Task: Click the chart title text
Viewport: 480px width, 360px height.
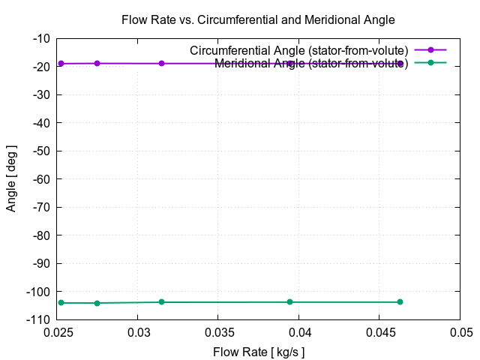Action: [258, 19]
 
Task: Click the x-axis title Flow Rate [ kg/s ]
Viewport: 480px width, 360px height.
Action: [259, 352]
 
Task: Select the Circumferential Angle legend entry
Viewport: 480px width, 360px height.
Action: [298, 50]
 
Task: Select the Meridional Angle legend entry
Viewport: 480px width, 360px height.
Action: [310, 63]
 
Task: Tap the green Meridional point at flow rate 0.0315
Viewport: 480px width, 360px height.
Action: [161, 302]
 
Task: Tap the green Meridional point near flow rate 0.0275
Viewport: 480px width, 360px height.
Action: [97, 303]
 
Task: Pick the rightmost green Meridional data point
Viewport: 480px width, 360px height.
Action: [400, 302]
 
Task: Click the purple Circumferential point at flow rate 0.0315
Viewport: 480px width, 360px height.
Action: [161, 64]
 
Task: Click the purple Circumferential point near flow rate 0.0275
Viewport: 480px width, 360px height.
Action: [97, 63]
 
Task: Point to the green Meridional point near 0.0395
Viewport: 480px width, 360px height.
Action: [290, 302]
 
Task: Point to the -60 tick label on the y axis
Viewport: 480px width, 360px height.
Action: [40, 179]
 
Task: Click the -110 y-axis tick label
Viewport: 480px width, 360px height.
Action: [37, 319]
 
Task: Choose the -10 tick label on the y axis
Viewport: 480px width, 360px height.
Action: [40, 38]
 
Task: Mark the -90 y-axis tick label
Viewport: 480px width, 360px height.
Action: [40, 263]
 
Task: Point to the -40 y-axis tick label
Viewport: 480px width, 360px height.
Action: [40, 123]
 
